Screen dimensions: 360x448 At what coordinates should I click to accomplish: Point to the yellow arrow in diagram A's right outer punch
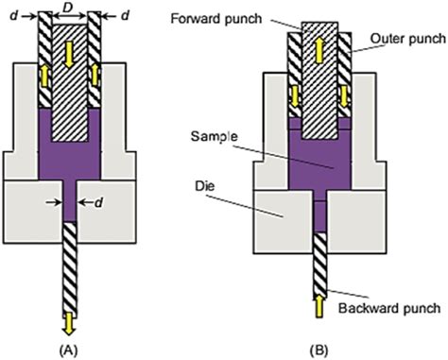(x=95, y=75)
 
